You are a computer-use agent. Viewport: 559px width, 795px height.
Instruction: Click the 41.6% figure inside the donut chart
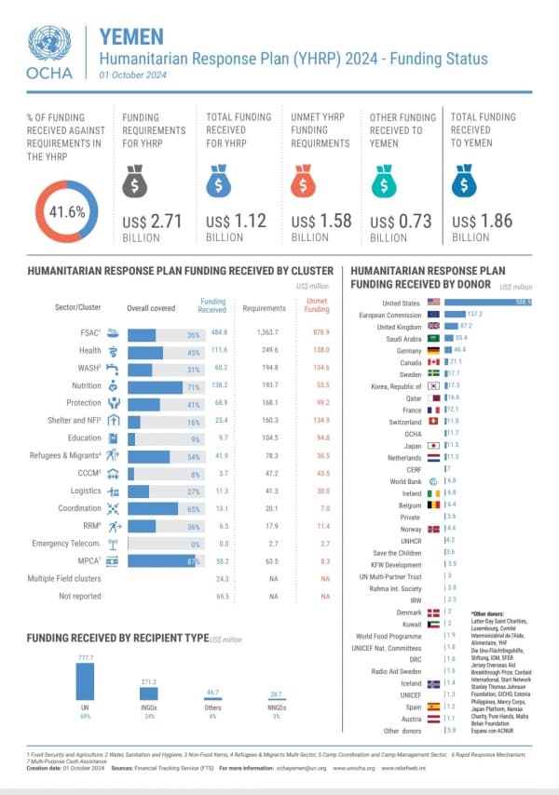pyautogui.click(x=66, y=211)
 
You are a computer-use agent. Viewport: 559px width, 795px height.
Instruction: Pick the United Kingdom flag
pyautogui.click(x=433, y=326)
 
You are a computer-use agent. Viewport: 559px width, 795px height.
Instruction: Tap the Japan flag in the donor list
pyautogui.click(x=433, y=445)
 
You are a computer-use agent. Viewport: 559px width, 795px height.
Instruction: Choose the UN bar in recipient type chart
pyautogui.click(x=84, y=680)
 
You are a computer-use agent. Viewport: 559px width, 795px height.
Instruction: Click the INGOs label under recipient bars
pyautogui.click(x=147, y=709)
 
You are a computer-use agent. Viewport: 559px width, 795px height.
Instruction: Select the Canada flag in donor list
pyautogui.click(x=433, y=361)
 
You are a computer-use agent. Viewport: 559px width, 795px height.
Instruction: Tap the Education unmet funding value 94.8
pyautogui.click(x=318, y=438)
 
